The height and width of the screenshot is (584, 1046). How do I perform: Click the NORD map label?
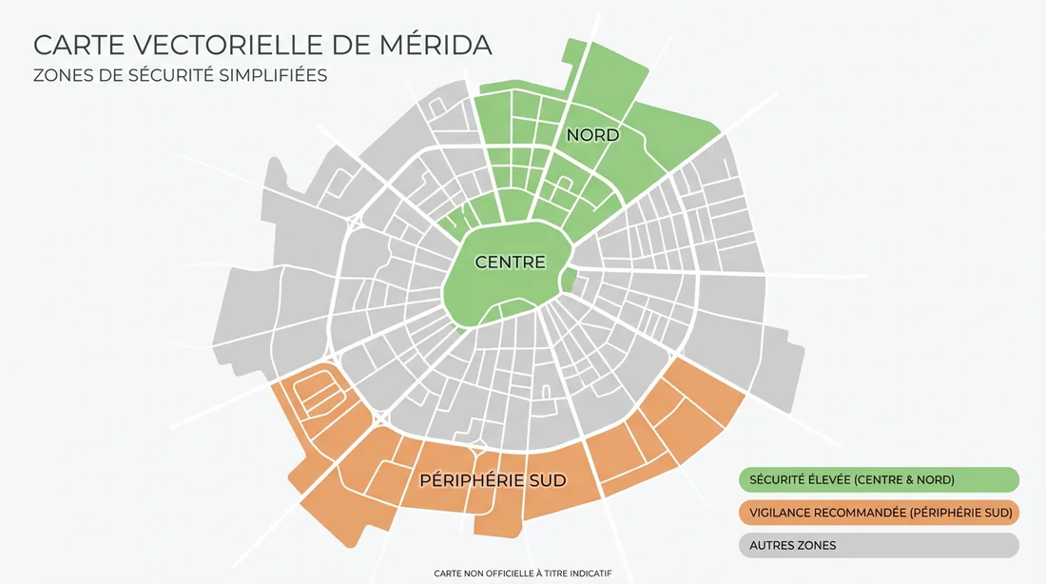(x=592, y=135)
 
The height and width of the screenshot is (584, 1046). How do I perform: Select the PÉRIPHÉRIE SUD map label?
(x=493, y=480)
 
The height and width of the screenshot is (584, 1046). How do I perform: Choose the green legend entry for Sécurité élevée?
(x=879, y=479)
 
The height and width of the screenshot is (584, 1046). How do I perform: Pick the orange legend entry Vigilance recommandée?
(x=879, y=513)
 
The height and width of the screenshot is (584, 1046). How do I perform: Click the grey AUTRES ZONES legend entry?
(x=879, y=545)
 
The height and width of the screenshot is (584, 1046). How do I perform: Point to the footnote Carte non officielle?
(x=522, y=574)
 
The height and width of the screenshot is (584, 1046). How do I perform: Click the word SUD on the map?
(x=546, y=480)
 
